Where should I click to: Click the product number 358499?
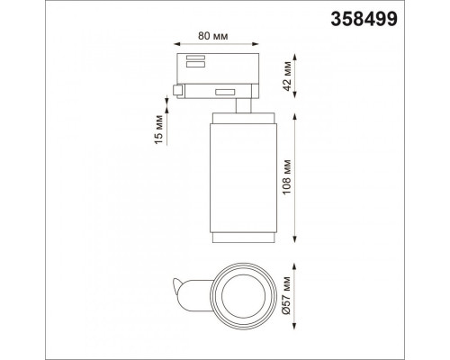(x=364, y=20)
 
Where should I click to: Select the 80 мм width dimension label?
(x=212, y=36)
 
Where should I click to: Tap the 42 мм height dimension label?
(x=287, y=76)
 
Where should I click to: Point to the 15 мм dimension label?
(x=159, y=130)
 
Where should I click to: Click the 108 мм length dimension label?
(x=287, y=177)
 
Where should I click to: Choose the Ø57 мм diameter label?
(x=287, y=295)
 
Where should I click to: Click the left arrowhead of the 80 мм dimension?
(x=177, y=44)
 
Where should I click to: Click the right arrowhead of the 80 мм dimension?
(x=256, y=44)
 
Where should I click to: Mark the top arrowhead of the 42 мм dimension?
(x=295, y=58)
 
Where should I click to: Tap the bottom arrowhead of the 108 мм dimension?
(x=295, y=239)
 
